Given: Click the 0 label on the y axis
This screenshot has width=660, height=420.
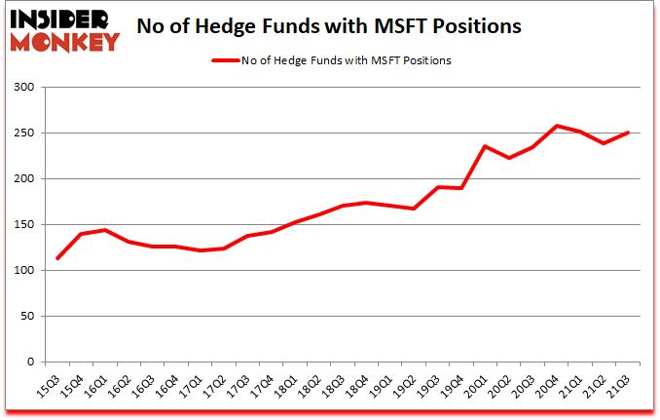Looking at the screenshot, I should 29,363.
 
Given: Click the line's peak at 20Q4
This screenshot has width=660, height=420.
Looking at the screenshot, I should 557,126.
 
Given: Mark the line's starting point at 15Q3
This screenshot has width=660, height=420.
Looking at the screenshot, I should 58,258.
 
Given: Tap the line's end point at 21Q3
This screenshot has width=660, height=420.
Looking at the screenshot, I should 629,133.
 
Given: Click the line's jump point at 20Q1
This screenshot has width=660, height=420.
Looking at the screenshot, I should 484,146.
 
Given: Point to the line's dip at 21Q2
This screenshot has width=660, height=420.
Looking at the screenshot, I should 605,143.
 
